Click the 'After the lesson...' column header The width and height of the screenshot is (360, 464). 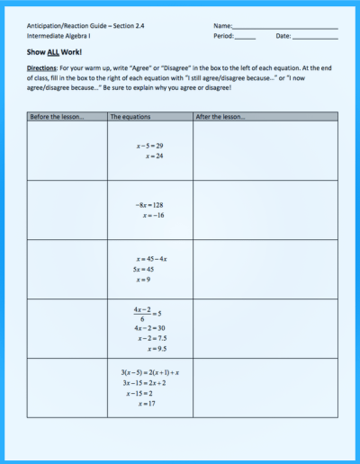pyautogui.click(x=220, y=117)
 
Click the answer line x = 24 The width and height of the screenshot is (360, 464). pyautogui.click(x=153, y=156)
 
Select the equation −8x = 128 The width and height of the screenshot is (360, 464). pyautogui.click(x=148, y=205)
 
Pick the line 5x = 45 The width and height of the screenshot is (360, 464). pyautogui.click(x=144, y=269)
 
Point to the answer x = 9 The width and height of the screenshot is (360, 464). pyautogui.click(x=143, y=279)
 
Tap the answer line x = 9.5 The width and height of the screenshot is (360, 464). pyautogui.click(x=154, y=348)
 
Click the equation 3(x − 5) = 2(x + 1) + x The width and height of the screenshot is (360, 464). pyautogui.click(x=150, y=372)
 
